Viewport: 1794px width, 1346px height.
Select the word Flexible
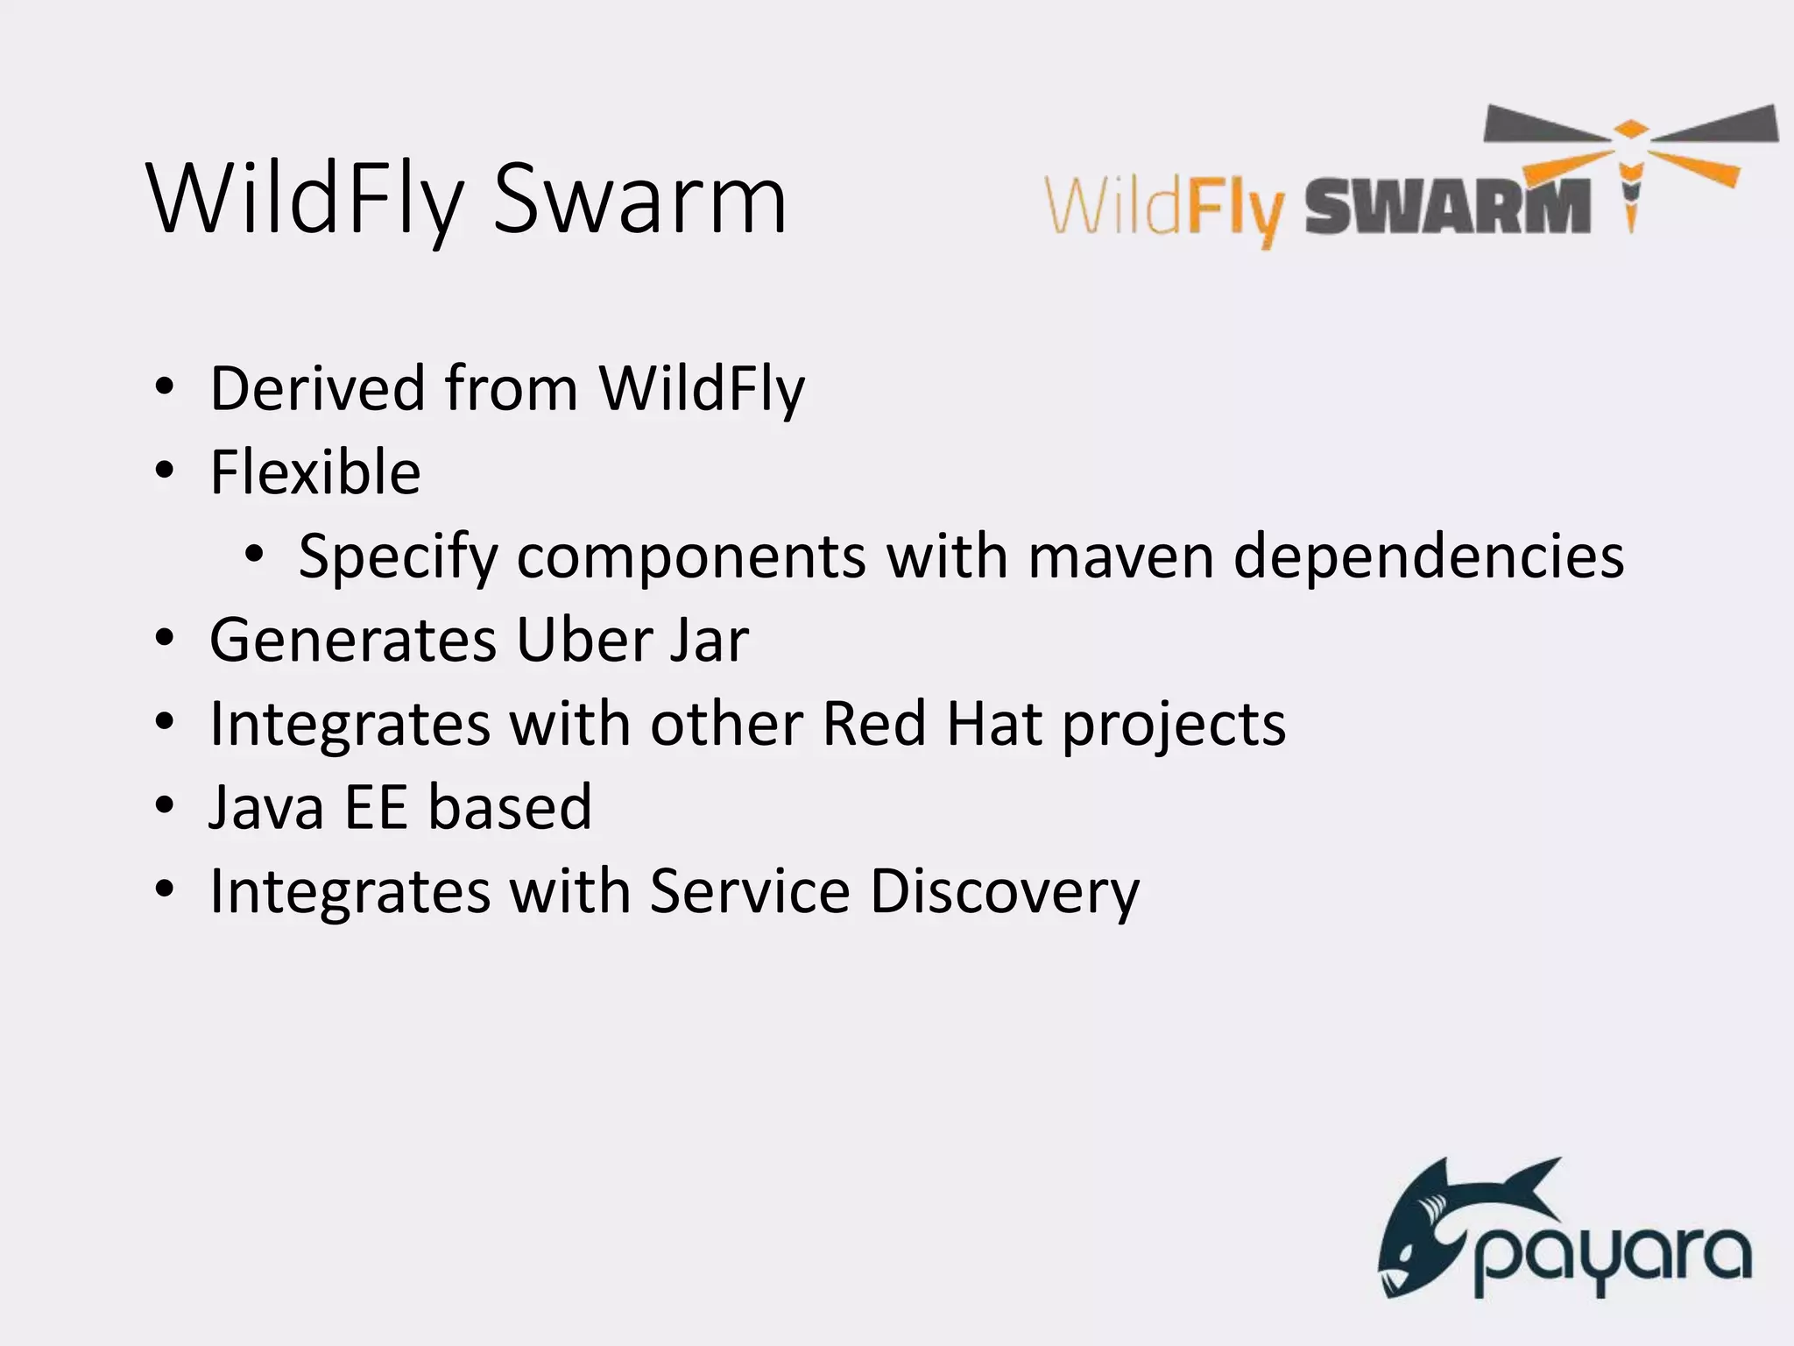pos(315,472)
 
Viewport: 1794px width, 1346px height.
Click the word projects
pos(1174,726)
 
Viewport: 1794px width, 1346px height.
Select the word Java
pos(266,806)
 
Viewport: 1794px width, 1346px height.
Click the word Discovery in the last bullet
pos(1005,892)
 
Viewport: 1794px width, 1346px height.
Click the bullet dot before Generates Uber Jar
pos(164,639)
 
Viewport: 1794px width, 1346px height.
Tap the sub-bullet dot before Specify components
pos(254,555)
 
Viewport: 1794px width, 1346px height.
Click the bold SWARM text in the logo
pos(1448,207)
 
